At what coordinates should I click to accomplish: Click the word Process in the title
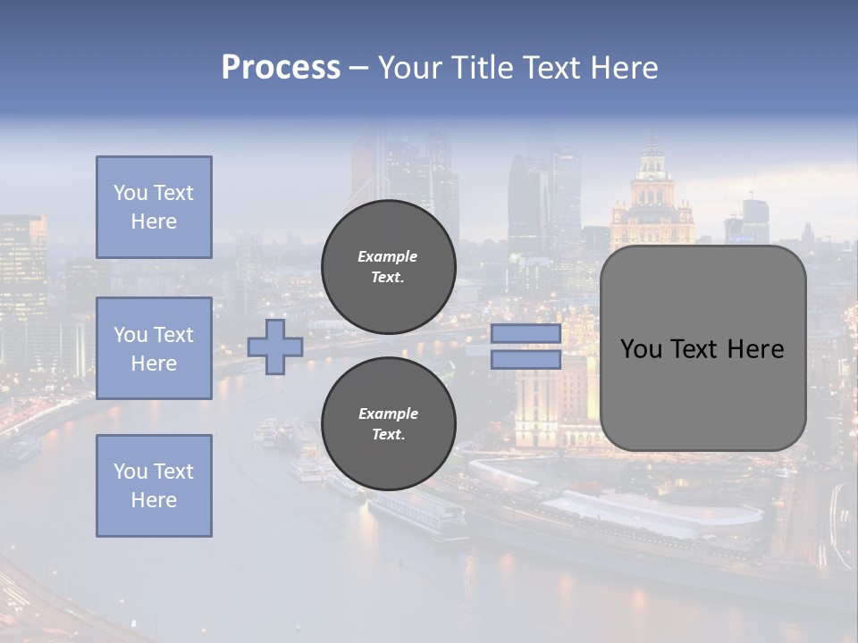[x=281, y=68]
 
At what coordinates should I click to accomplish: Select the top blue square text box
[x=154, y=207]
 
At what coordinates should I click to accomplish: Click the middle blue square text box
[x=154, y=348]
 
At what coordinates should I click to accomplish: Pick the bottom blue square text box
[x=154, y=486]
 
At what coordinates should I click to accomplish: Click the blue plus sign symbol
[x=275, y=347]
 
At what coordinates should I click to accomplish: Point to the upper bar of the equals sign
[x=526, y=334]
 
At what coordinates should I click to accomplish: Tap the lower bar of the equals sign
[x=526, y=360]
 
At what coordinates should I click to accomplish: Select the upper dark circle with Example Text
[x=388, y=267]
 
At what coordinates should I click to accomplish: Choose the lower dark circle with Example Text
[x=388, y=424]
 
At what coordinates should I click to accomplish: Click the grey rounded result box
[x=702, y=348]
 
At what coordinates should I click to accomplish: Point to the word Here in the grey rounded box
[x=755, y=349]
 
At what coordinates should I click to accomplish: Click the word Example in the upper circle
[x=388, y=256]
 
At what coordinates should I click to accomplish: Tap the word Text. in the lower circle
[x=388, y=435]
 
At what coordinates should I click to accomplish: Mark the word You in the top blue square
[x=130, y=193]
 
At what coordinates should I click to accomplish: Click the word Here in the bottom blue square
[x=154, y=500]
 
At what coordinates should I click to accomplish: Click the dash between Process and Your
[x=358, y=68]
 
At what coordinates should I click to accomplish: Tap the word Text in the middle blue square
[x=172, y=335]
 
